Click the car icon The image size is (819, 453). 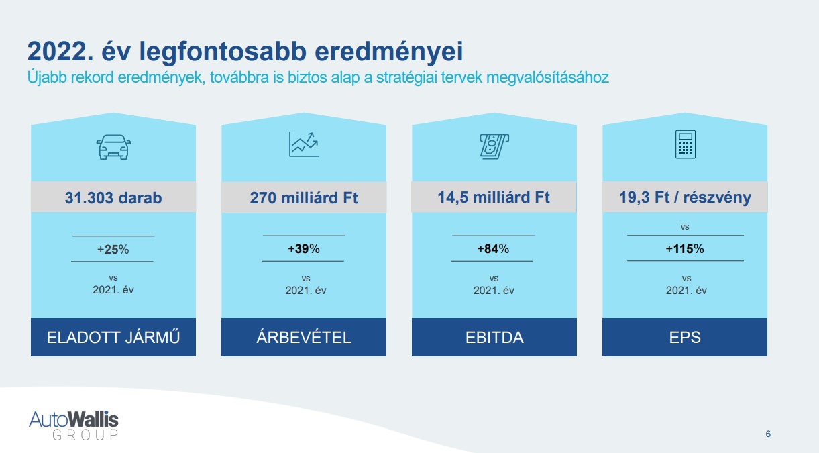pos(113,147)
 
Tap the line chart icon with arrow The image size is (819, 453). pos(303,144)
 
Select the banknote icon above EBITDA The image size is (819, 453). pos(494,146)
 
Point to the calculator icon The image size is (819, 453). pos(685,144)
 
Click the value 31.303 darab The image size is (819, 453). pos(113,197)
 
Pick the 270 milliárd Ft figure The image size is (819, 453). pos(304,197)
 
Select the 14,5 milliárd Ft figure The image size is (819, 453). pos(494,197)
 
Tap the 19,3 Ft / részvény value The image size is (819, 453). pos(685,197)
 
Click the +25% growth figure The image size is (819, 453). pos(113,250)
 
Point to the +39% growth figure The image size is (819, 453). pos(304,249)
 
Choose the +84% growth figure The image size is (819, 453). pos(493,249)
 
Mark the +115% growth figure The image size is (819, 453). pos(685,249)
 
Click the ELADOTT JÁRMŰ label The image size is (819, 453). pos(113,337)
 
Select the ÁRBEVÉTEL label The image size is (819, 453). pos(304,337)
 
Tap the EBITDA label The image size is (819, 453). pos(494,338)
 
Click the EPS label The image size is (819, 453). pos(685,338)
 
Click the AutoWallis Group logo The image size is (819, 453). pos(74,425)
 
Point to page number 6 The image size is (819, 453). pos(768,434)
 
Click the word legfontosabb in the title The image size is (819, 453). pos(223,52)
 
